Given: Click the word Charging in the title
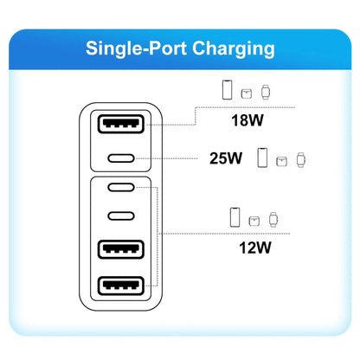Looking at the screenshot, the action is coord(233,48).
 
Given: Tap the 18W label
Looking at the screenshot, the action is coord(247,120).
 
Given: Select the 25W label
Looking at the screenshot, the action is coord(226,158).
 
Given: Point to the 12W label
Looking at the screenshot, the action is coord(255,247).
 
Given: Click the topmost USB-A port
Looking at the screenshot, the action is coord(121,124).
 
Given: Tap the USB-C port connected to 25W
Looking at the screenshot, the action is coord(121,158).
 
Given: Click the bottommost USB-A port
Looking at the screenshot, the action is coord(121,286).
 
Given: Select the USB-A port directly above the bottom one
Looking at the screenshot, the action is coord(121,249).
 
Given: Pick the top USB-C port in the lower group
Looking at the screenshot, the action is coord(121,188).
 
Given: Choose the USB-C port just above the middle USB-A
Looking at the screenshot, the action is coord(121,215).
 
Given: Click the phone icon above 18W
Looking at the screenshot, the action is coord(228,90).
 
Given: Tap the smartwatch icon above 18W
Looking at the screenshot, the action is coord(266,92).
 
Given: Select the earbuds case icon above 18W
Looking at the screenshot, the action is coord(247,93).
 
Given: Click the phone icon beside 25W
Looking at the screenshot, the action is coord(262,157).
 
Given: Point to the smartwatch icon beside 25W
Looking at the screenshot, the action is coord(301,160).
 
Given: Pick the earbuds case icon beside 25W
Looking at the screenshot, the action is coord(281,162).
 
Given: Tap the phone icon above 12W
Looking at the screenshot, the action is coord(235,217).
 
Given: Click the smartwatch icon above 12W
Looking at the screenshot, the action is coord(273,220).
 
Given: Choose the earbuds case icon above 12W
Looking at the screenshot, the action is coord(254,221).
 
